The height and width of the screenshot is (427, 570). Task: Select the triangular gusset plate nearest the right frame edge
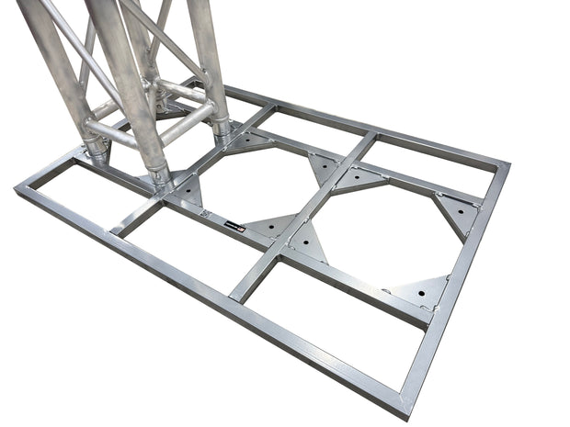point(458,214)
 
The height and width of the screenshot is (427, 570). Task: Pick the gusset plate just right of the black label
point(271,227)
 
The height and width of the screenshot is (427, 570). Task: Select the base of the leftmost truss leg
point(96,151)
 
